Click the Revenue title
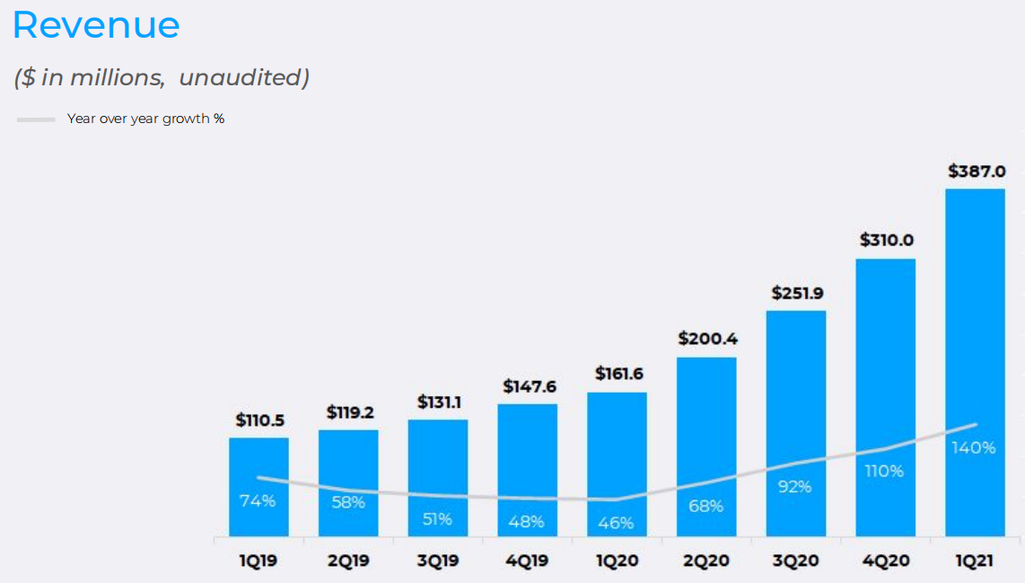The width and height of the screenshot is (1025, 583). point(96,25)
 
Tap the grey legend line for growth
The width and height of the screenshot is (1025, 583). point(36,119)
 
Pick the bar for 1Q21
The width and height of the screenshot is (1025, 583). point(976,314)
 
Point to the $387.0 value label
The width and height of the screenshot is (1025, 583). point(976,171)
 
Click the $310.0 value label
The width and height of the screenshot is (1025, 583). point(887,241)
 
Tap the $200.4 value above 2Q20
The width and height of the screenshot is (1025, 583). point(707,339)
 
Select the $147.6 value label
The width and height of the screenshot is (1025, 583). point(528,386)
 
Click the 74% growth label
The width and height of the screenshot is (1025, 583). point(258,501)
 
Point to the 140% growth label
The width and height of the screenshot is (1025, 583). point(974,447)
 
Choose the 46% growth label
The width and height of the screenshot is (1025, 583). point(616,522)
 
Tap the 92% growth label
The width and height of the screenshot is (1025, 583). point(794,487)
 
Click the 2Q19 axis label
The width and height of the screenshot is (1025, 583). point(348,561)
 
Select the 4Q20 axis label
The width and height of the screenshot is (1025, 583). point(887,561)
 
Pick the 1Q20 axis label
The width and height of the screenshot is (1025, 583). point(618,561)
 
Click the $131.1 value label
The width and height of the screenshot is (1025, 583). point(439,402)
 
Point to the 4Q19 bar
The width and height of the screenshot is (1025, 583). point(528,458)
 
